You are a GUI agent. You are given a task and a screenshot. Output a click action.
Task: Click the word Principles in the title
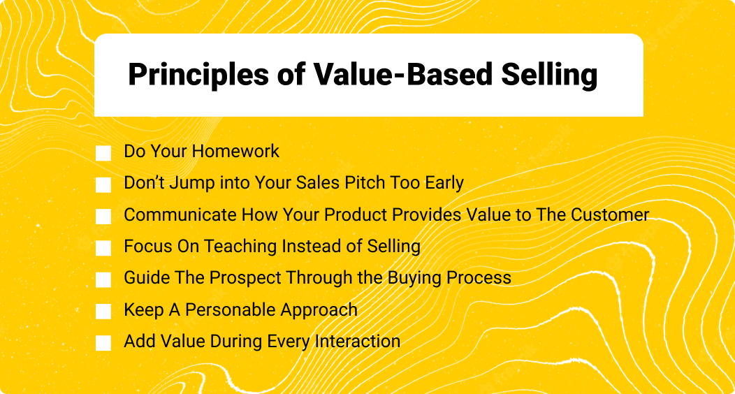tap(198, 75)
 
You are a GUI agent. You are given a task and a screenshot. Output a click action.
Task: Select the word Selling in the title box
tap(549, 75)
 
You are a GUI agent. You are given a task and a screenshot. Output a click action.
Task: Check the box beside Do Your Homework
tap(103, 153)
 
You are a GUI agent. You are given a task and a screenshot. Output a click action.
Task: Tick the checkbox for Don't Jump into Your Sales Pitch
tap(103, 184)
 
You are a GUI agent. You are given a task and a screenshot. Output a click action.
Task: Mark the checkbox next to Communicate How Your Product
tap(103, 217)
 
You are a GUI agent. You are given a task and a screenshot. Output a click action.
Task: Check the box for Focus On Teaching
tap(103, 248)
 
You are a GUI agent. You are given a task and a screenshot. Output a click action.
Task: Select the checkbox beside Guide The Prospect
tap(103, 279)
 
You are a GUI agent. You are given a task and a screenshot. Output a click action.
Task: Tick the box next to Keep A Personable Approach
tap(103, 311)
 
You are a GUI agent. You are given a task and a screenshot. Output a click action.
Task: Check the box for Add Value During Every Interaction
tap(103, 343)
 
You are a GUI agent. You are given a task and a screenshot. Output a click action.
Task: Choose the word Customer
tap(610, 214)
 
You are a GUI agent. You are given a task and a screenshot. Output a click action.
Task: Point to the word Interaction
tap(358, 341)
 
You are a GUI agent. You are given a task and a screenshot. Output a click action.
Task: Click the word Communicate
tap(180, 214)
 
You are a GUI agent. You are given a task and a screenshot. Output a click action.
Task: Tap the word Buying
tap(415, 278)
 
